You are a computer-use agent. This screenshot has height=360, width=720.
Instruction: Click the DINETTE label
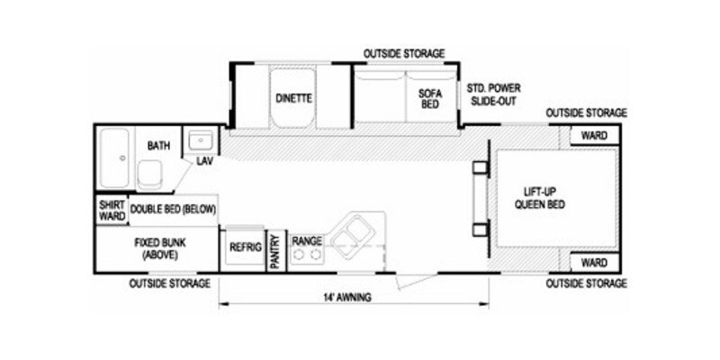pos(294,98)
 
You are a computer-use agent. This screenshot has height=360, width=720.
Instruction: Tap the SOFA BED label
pos(430,99)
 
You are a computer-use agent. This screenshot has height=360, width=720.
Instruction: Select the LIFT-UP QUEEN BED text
pos(539,197)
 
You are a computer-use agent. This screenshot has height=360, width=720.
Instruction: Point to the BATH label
pos(158,146)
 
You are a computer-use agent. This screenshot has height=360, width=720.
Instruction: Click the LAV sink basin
pos(201,139)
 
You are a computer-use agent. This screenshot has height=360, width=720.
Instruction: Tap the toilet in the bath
pos(149,175)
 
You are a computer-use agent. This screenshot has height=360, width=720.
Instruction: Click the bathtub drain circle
pos(122,158)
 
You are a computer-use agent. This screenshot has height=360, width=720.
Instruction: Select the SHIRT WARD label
pos(112,211)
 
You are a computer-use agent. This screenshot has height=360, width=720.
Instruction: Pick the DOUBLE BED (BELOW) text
pos(173,210)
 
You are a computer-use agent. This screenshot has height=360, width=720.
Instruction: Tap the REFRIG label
pos(246,247)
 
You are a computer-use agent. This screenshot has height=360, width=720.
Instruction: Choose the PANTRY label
pos(275,252)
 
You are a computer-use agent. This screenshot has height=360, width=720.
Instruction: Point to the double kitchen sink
pos(352,232)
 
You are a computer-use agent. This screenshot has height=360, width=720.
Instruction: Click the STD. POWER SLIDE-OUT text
pos(493,94)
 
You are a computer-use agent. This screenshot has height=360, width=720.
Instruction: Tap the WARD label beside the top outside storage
pos(594,136)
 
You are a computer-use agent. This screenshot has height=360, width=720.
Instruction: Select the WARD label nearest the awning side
pos(594,263)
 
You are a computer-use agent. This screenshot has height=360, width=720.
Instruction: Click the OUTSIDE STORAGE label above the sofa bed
pos(404,54)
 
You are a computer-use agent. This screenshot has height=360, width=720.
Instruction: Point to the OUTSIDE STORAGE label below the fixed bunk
pos(170,283)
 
